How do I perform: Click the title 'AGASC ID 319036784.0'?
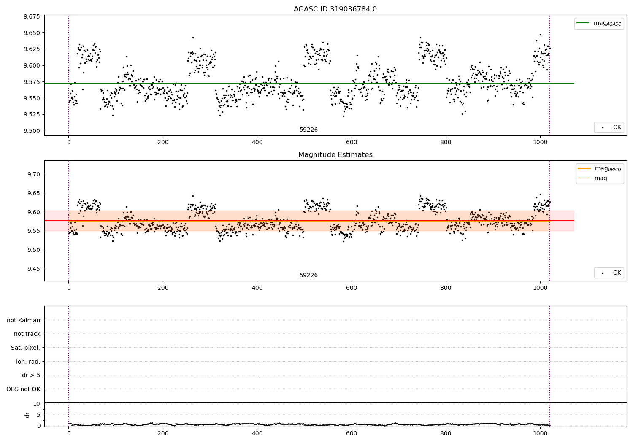click(x=335, y=9)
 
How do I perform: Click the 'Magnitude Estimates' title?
click(x=335, y=155)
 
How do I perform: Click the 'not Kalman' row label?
click(x=24, y=320)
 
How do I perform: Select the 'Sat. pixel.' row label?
click(x=26, y=348)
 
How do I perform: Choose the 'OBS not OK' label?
click(x=24, y=389)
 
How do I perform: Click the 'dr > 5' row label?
click(x=31, y=375)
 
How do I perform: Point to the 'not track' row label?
click(x=27, y=334)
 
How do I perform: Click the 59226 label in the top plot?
click(x=308, y=130)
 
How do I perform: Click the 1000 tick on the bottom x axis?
click(x=540, y=433)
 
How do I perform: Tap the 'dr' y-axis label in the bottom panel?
click(x=27, y=415)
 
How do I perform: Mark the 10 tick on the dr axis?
click(x=36, y=404)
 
